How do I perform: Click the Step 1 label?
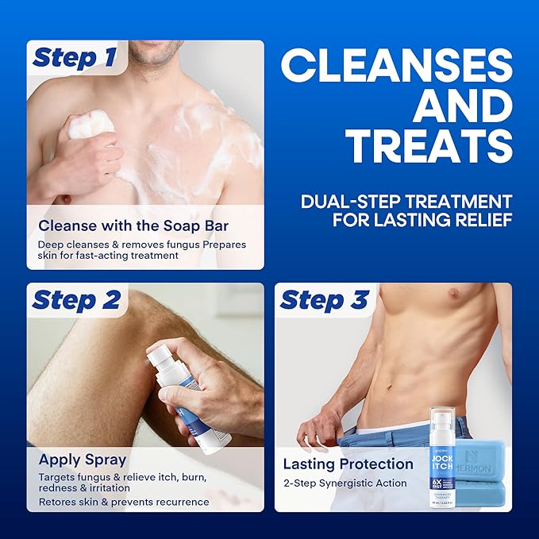coord(76,58)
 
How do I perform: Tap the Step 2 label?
coord(76,300)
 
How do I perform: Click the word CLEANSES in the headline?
coord(396,65)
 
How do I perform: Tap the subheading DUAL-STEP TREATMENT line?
coord(406,201)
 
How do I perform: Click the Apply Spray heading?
coord(83,459)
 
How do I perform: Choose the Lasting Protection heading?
coord(348,464)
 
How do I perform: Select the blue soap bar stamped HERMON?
coord(485,460)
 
